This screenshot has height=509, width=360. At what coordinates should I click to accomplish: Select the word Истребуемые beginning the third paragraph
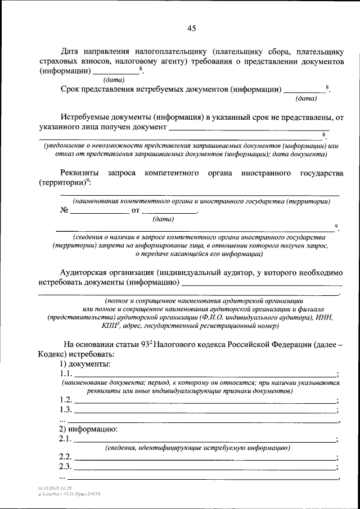(x=87, y=118)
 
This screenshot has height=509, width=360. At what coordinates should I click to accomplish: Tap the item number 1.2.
(x=65, y=399)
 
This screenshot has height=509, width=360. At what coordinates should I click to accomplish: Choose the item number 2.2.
(x=65, y=457)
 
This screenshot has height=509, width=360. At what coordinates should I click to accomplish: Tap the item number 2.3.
(x=65, y=467)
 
